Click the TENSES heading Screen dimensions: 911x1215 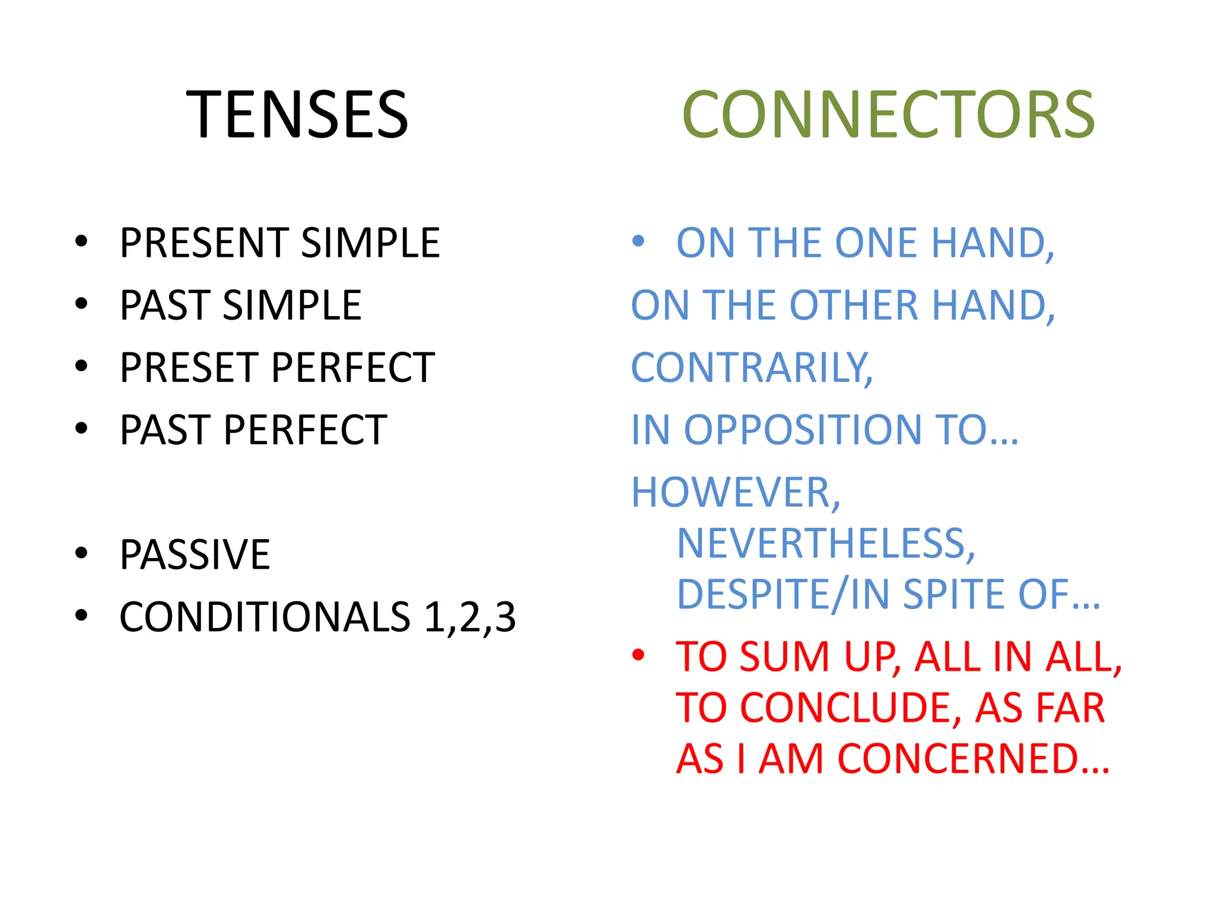tap(297, 114)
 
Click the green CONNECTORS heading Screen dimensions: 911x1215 tap(888, 114)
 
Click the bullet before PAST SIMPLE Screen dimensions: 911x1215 tap(81, 304)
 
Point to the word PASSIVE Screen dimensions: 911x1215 tap(195, 555)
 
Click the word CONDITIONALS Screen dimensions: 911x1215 tap(265, 617)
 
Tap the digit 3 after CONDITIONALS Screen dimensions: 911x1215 tap(505, 617)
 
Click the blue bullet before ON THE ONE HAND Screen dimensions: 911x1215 tap(638, 241)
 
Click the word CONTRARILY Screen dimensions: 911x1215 tap(751, 367)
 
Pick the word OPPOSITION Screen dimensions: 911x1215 tap(803, 429)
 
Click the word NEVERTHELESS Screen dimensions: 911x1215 tap(825, 543)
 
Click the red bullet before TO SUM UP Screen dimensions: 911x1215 tap(638, 655)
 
